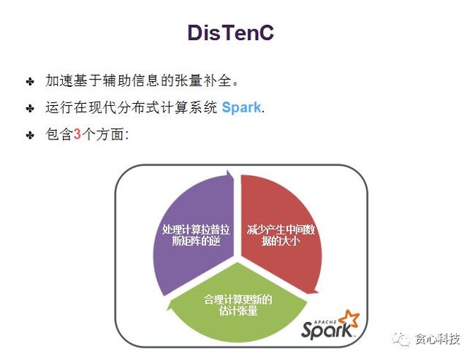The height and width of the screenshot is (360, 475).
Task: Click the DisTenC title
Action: (x=231, y=33)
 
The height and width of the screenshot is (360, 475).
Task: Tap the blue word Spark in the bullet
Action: (x=241, y=107)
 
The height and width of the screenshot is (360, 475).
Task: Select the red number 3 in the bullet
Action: (x=77, y=134)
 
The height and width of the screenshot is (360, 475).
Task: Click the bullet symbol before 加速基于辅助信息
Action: (x=30, y=82)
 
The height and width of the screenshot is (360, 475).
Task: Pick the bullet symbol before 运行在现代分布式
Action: (x=30, y=108)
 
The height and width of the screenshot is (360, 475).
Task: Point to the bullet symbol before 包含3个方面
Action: (x=30, y=135)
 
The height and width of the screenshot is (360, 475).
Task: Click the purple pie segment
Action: (x=194, y=233)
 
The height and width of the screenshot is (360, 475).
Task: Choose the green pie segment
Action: (x=237, y=303)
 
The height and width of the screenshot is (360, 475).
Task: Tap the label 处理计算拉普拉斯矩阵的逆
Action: (x=196, y=235)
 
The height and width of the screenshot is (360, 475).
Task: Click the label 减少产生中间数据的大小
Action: (x=281, y=235)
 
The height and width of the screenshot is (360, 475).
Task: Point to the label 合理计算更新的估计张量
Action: (x=238, y=305)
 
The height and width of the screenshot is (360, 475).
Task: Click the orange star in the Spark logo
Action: (x=350, y=319)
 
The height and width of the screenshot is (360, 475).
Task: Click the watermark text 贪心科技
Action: (x=438, y=339)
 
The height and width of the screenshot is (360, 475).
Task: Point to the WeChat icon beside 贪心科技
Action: (x=401, y=339)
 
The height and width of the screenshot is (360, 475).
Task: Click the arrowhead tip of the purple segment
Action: (x=228, y=171)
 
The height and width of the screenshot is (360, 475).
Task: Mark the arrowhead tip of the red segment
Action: (x=317, y=292)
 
